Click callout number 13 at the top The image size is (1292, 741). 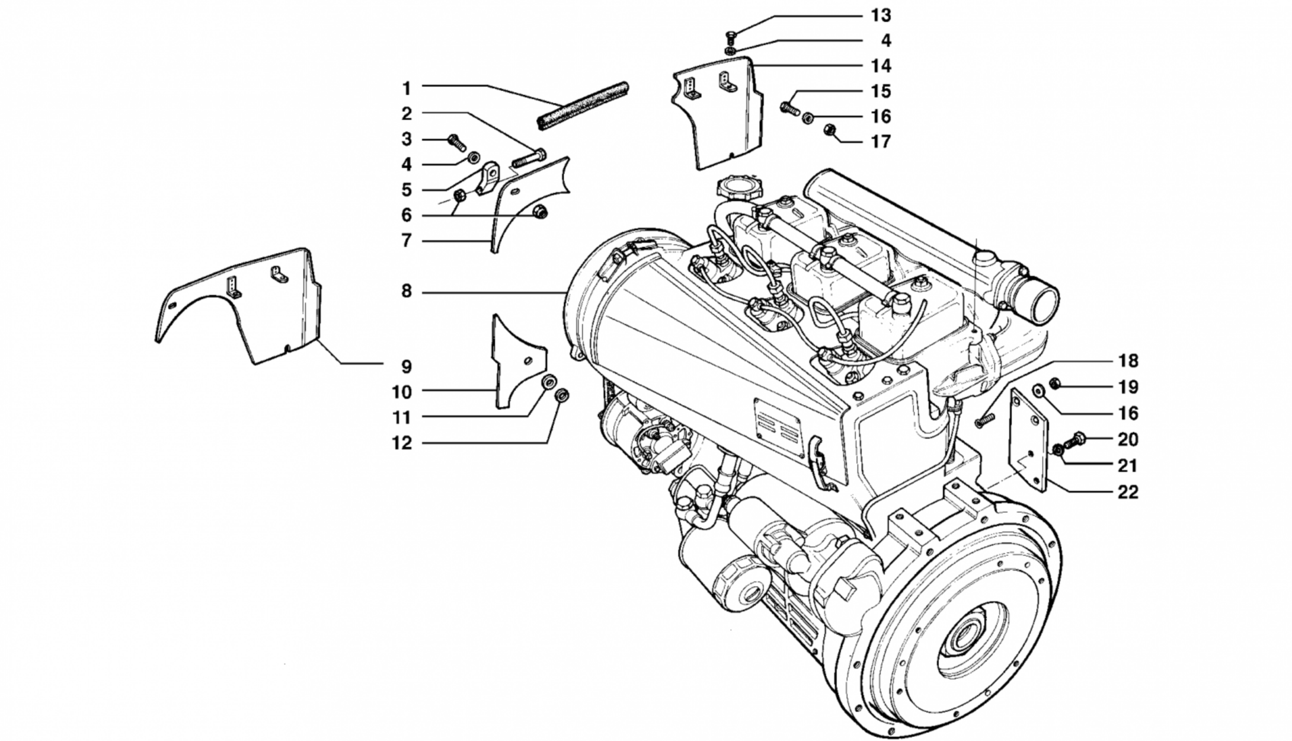(x=881, y=15)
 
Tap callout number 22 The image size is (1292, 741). (x=1128, y=492)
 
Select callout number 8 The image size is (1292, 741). (x=406, y=292)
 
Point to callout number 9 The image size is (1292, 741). (x=406, y=366)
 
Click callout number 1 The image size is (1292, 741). (x=406, y=88)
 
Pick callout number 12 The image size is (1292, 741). (x=401, y=443)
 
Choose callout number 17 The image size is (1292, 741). (x=881, y=142)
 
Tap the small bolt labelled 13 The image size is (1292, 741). (x=731, y=37)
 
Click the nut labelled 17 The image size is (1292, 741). (x=830, y=130)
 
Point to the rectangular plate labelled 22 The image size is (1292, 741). (x=1028, y=439)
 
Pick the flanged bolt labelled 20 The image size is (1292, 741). (x=1076, y=440)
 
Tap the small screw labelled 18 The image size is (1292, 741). (x=984, y=421)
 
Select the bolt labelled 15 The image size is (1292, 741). (x=790, y=108)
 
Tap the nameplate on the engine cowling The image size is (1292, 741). (x=778, y=428)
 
